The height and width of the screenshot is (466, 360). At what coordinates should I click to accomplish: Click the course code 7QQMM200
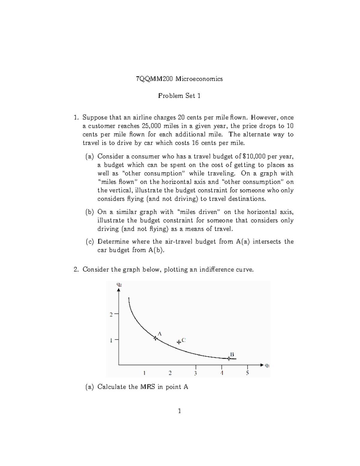[154, 79]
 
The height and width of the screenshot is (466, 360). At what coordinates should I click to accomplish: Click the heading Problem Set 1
[179, 96]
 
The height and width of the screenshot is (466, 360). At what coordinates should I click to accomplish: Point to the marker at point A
[155, 338]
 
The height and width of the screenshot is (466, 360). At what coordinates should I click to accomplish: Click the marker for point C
[178, 342]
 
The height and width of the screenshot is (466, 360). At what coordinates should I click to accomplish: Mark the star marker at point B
[229, 358]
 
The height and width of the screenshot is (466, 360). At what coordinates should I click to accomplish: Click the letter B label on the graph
[232, 354]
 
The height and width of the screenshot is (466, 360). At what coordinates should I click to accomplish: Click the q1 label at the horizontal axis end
[267, 365]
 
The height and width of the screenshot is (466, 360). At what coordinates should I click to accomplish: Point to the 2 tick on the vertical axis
[111, 314]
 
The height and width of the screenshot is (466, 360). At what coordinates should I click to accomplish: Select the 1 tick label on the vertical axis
[111, 340]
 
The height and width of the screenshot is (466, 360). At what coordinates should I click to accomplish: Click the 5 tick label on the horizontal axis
[247, 373]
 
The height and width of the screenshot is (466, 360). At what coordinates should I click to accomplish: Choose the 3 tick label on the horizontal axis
[195, 373]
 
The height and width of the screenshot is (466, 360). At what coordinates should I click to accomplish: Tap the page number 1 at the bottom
[179, 411]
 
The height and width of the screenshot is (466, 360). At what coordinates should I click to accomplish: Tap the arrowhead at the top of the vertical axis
[118, 290]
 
